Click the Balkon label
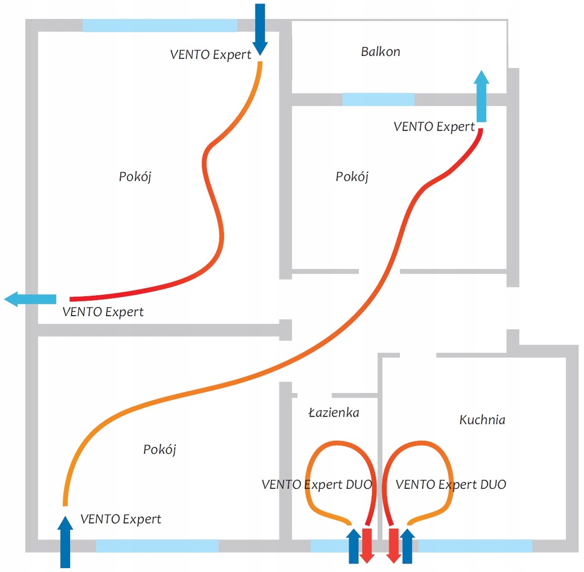380,51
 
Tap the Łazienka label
334,412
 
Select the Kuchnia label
482,420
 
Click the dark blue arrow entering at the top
260,30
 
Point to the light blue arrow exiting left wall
30,299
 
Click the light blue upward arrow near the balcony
481,96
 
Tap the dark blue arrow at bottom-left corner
65,542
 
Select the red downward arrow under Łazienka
367,546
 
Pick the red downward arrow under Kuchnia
394,546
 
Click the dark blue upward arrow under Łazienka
354,546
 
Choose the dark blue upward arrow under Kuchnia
407,546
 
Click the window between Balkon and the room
379,99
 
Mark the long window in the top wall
160,25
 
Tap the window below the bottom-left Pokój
157,546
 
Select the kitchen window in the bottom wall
475,546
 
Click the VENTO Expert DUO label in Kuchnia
451,484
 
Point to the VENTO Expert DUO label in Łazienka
317,484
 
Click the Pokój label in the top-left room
135,177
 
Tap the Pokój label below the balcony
352,177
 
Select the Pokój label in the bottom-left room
160,450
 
